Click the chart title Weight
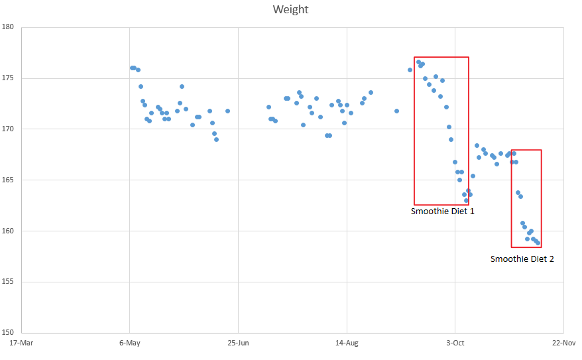point(290,9)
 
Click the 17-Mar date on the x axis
point(21,343)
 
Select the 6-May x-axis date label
point(130,343)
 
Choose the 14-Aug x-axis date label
point(347,343)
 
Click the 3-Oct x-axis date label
point(455,343)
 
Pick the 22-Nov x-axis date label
point(563,343)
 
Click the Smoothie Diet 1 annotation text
point(442,211)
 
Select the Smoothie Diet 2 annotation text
point(522,259)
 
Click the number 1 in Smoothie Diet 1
point(471,211)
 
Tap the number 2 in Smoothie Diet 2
point(551,259)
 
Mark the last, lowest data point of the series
point(538,243)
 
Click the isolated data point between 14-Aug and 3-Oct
point(396,111)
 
